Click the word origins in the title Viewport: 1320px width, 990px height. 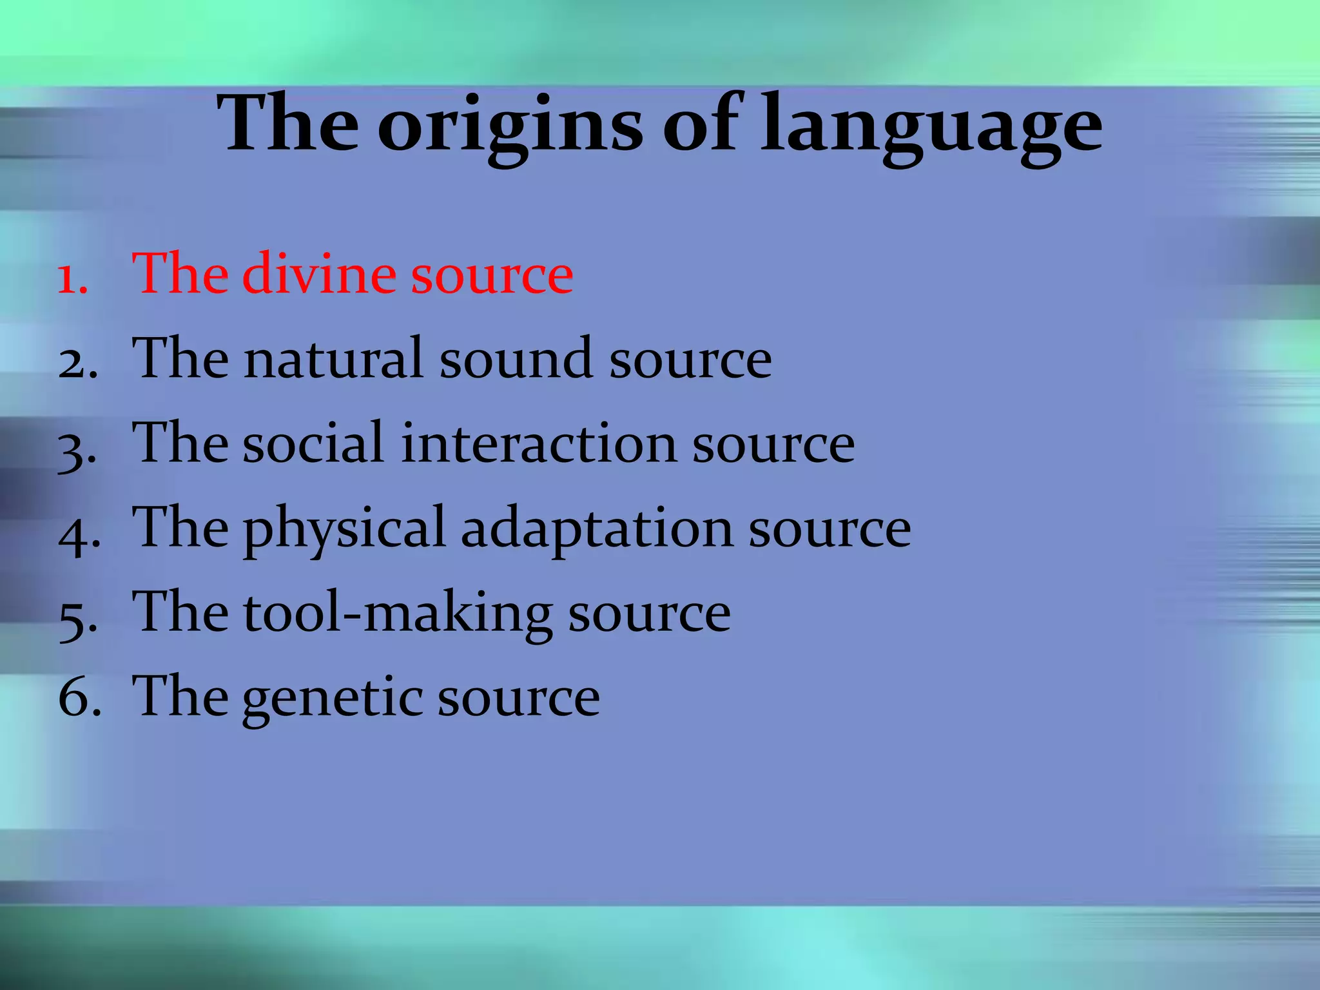509,126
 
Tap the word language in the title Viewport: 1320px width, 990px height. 931,126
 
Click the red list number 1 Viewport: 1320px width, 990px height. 72,278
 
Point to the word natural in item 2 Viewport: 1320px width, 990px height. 334,359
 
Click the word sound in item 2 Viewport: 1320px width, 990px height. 516,359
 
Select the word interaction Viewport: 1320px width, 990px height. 539,443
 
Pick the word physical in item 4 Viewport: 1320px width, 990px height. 344,529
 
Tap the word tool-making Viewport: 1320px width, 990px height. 397,613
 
